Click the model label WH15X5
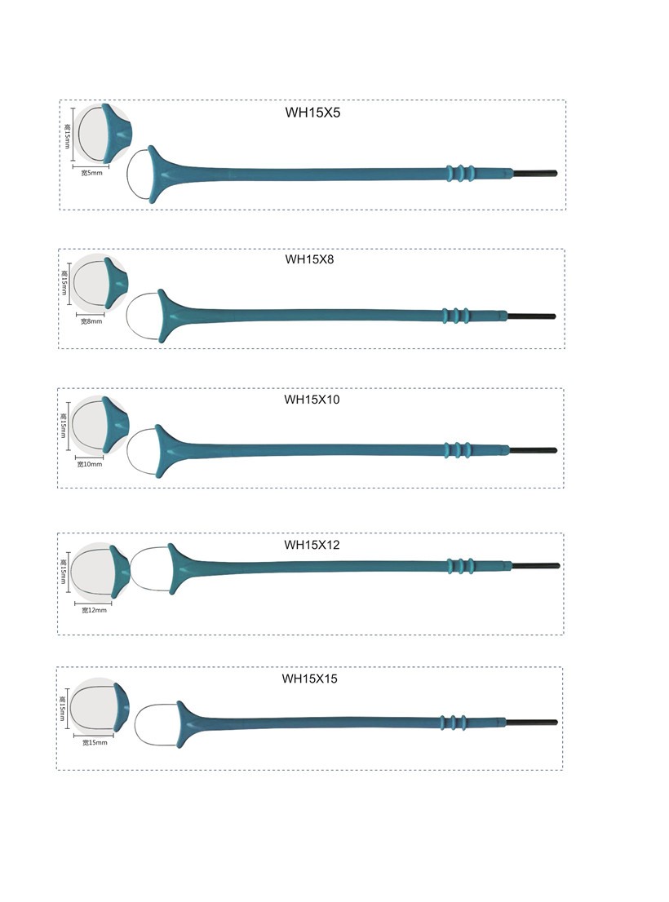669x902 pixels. point(312,113)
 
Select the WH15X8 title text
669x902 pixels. point(309,259)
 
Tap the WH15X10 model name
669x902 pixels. point(312,400)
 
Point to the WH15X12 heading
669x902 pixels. point(312,545)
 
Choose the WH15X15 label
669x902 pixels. point(309,679)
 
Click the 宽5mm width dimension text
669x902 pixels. point(92,173)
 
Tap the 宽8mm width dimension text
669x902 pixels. point(91,321)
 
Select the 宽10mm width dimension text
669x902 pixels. point(90,464)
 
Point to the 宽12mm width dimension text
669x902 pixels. point(95,610)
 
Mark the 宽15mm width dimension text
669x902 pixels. point(95,743)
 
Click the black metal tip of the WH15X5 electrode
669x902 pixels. point(535,173)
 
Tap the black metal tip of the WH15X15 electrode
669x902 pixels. point(531,723)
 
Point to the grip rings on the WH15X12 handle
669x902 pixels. point(461,566)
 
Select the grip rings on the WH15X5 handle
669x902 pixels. point(460,173)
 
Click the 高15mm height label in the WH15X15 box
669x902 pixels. point(62,708)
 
